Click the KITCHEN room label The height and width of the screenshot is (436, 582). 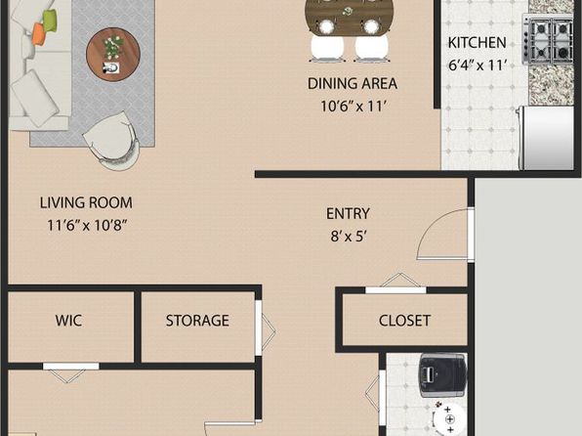tap(477, 43)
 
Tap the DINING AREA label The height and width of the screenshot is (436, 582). tap(353, 84)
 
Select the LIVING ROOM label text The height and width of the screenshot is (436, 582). tap(86, 203)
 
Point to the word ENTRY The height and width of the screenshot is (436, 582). tap(349, 214)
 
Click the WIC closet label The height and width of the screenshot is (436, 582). tap(68, 321)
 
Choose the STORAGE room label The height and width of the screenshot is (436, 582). tap(197, 321)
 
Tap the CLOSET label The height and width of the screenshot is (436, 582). tap(404, 321)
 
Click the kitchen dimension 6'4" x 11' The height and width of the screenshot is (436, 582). tap(478, 65)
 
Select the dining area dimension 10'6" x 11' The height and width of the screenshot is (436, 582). tap(353, 107)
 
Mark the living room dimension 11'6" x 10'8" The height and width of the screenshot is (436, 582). tap(87, 225)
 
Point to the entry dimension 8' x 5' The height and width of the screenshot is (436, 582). tap(349, 236)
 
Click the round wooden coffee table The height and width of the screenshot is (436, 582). tap(113, 54)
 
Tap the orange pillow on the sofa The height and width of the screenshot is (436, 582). tap(39, 32)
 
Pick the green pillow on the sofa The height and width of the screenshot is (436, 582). tap(50, 21)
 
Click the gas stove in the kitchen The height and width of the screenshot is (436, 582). tap(548, 39)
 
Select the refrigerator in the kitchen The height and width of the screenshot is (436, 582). tap(546, 138)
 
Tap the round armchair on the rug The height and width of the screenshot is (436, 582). tap(112, 141)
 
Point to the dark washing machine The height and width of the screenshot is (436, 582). tap(442, 375)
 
